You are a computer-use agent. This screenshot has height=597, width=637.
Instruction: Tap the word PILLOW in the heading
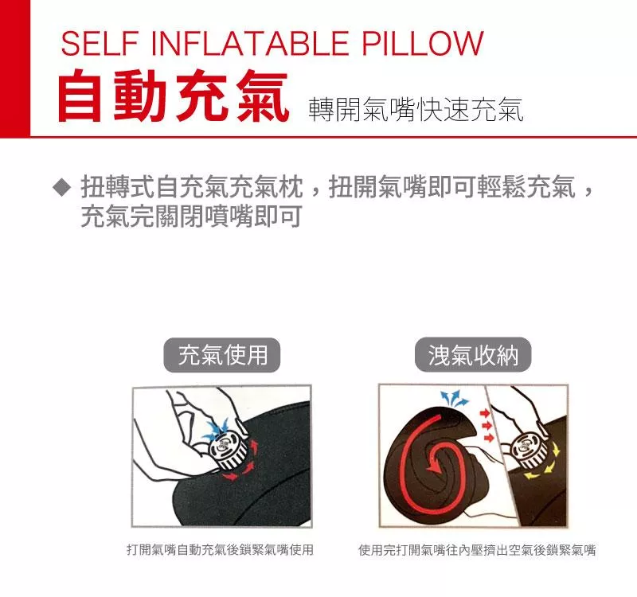[423, 43]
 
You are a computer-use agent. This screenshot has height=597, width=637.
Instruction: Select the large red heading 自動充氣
[174, 96]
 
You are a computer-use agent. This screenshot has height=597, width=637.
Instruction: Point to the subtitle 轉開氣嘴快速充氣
[415, 110]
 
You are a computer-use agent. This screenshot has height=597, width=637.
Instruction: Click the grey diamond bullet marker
[62, 189]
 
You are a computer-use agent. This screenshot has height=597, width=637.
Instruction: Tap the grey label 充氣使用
[222, 355]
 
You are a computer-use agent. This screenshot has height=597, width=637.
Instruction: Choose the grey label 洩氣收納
[473, 355]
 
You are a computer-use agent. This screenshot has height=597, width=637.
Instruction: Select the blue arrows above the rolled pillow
[455, 399]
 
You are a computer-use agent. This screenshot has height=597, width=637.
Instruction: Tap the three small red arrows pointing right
[487, 426]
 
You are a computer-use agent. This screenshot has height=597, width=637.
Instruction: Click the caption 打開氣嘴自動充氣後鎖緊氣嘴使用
[221, 550]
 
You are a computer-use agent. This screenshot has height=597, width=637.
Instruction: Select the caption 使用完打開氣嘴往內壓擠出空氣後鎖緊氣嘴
[477, 550]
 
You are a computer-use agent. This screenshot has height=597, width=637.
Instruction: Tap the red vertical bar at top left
[15, 68]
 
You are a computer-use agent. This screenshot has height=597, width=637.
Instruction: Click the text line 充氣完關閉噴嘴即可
[191, 216]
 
